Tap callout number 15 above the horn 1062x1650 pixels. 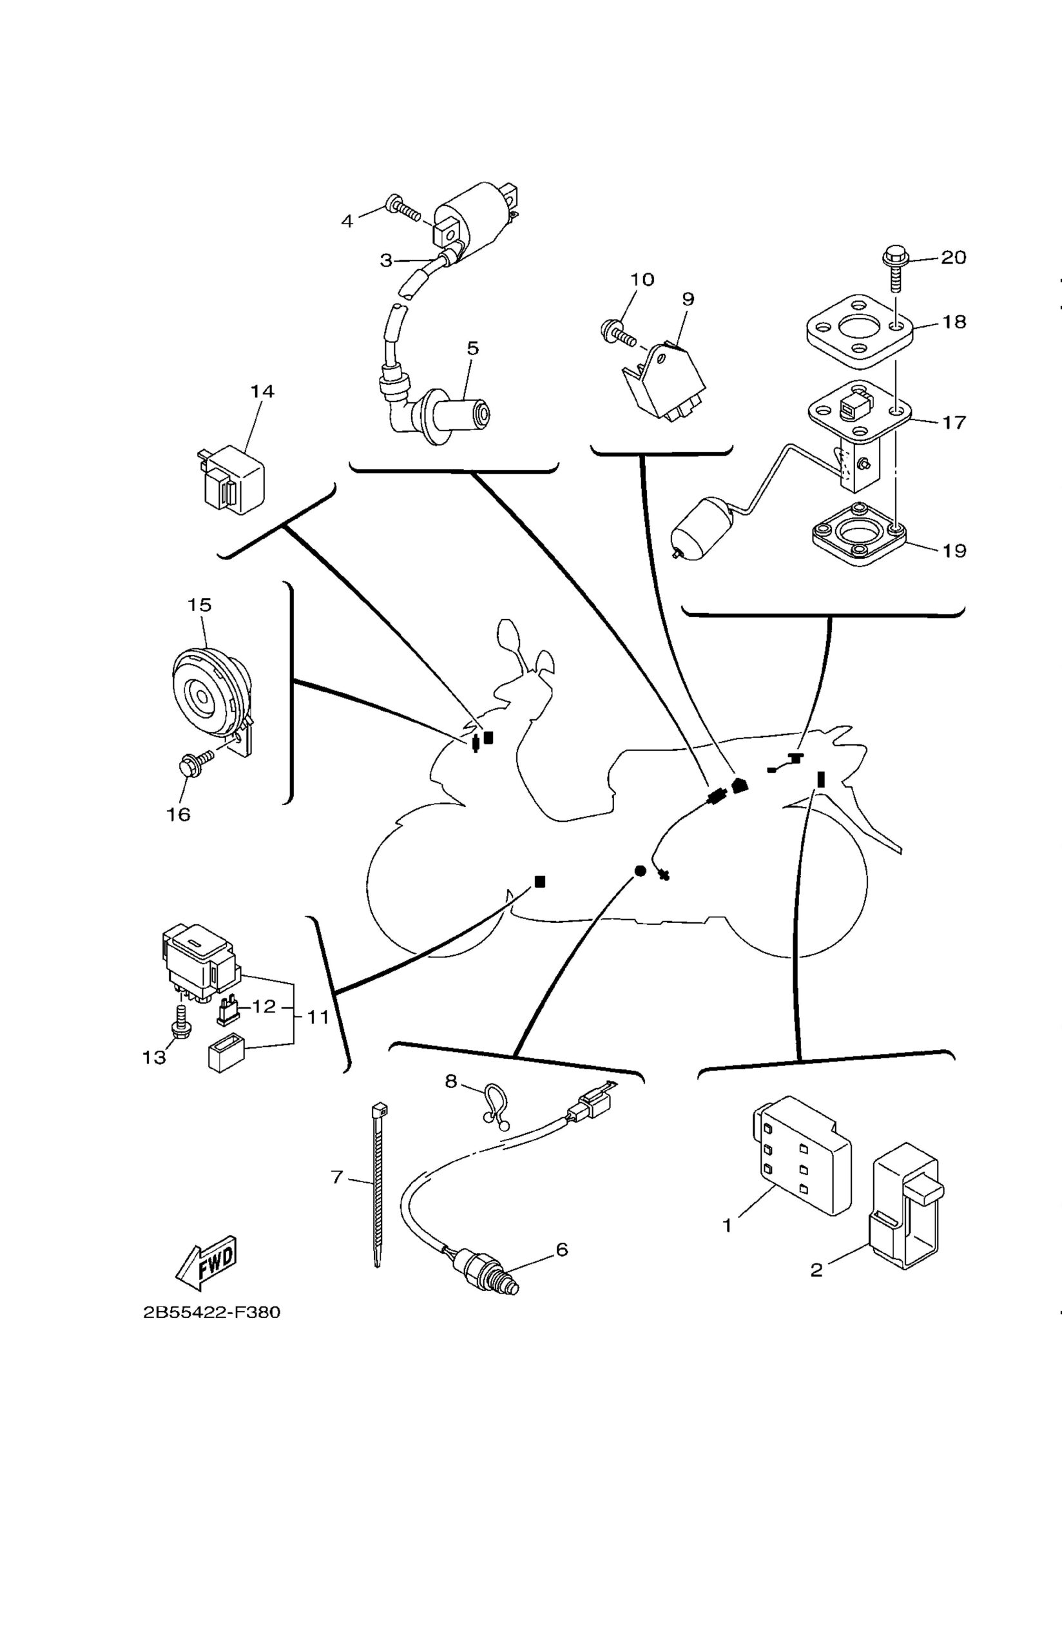pyautogui.click(x=199, y=605)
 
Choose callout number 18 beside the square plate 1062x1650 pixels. pyautogui.click(x=954, y=322)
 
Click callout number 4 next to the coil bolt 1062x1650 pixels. pyautogui.click(x=347, y=221)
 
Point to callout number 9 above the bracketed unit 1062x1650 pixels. pyautogui.click(x=688, y=299)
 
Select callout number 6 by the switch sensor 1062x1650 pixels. pyautogui.click(x=561, y=1248)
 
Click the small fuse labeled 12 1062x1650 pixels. pyautogui.click(x=227, y=1011)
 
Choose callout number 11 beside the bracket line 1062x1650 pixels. pyautogui.click(x=317, y=1016)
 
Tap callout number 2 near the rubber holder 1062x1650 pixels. pyautogui.click(x=816, y=1269)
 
